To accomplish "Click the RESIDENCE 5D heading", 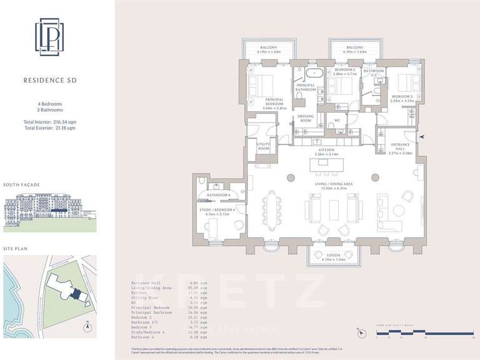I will tap(49, 80).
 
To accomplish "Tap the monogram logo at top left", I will tap(49, 37).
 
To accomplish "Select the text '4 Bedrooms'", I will tap(49, 103).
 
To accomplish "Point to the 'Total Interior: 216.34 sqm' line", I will tap(49, 121).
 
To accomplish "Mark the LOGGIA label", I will tap(326, 255).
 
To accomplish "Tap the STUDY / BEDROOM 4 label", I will tap(216, 211).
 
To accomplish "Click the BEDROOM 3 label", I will tap(402, 97).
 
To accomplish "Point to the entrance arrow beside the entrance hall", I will tap(422, 136).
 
